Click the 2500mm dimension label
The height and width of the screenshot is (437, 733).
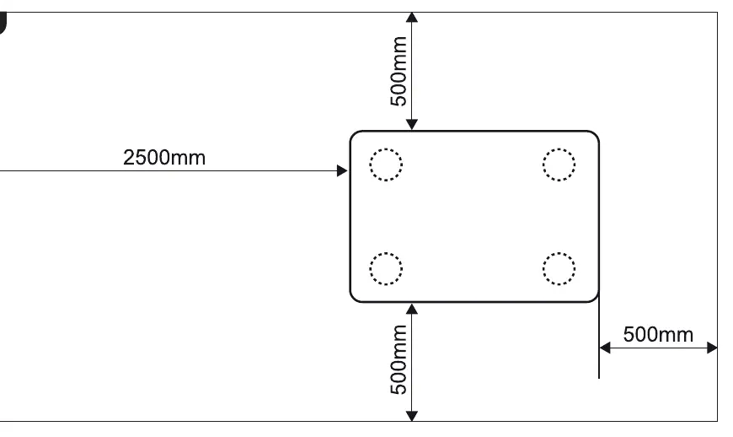(164, 157)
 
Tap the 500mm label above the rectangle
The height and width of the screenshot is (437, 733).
(399, 71)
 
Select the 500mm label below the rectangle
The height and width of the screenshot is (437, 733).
(399, 359)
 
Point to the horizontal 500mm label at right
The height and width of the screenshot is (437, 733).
(658, 334)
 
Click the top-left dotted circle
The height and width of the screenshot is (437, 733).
(386, 149)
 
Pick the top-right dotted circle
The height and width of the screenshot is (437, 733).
(559, 149)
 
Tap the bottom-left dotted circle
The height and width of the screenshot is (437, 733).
(386, 253)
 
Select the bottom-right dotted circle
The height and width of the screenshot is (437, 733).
(559, 253)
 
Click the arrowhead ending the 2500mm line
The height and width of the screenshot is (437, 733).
(342, 170)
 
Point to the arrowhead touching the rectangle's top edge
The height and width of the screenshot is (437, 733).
(411, 125)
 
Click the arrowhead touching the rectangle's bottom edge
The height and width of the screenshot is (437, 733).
(411, 309)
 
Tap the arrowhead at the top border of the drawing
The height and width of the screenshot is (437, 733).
(411, 18)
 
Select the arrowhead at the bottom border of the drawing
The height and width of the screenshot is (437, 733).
(411, 415)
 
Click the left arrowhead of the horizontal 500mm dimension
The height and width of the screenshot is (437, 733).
(605, 348)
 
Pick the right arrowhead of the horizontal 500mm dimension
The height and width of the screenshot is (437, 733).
(712, 348)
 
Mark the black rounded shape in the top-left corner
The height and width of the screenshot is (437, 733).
(3, 23)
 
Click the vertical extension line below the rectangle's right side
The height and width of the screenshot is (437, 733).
(599, 336)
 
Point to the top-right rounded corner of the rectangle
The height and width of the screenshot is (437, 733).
(595, 135)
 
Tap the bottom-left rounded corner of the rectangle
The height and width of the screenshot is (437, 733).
(354, 299)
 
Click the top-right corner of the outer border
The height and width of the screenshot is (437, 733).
(717, 13)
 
